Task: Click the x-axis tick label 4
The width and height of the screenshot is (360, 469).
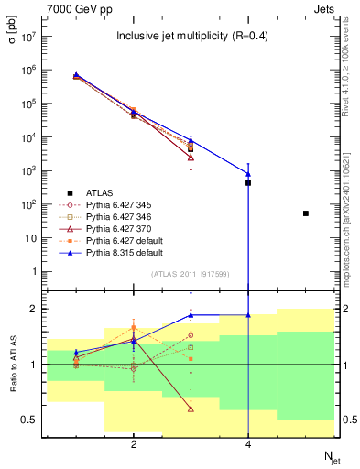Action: click(x=248, y=444)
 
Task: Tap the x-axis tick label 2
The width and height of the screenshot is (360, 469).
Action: click(x=134, y=444)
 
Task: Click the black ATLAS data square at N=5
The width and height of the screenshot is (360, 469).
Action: click(x=305, y=213)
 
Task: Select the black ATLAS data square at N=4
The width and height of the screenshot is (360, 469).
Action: click(x=248, y=183)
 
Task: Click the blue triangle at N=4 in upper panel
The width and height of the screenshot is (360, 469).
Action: click(x=248, y=173)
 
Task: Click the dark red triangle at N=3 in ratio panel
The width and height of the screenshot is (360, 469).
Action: click(x=191, y=409)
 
